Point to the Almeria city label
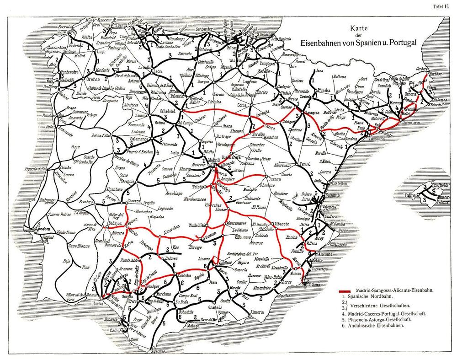click(x=257, y=312)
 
